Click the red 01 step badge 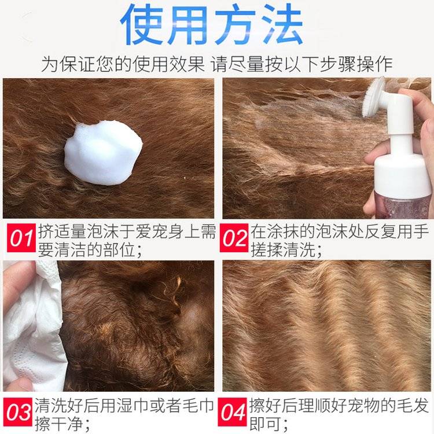tap(21, 238)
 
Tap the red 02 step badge tap(234, 238)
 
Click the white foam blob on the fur tap(103, 153)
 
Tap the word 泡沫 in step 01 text tap(102, 231)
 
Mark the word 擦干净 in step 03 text tap(58, 424)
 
